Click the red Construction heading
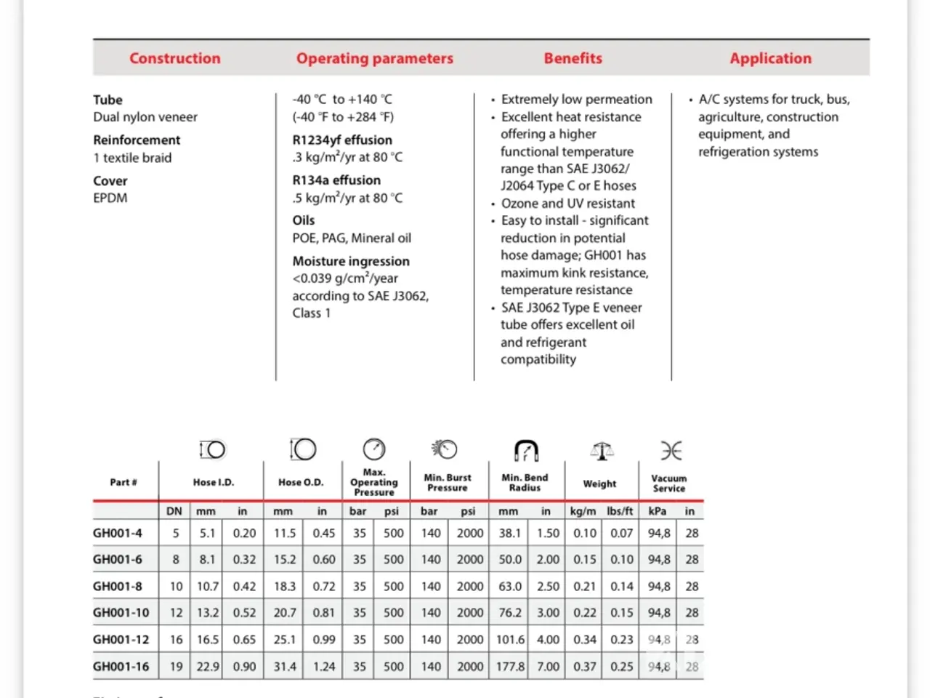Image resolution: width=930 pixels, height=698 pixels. (x=175, y=58)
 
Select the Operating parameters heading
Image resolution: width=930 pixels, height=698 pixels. (x=374, y=58)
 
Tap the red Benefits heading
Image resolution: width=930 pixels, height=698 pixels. (x=573, y=58)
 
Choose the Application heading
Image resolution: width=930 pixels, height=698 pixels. (x=770, y=58)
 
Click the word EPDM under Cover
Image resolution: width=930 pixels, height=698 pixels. (x=110, y=198)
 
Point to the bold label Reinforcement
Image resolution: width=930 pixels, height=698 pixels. (x=137, y=140)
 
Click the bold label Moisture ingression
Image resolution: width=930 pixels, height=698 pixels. (x=351, y=261)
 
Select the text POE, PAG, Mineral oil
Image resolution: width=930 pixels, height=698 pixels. (x=352, y=238)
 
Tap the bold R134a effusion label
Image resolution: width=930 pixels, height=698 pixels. (x=336, y=180)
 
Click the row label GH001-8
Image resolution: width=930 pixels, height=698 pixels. (x=118, y=586)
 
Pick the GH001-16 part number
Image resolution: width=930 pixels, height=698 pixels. (x=121, y=666)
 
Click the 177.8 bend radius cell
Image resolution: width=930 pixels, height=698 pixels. (x=510, y=666)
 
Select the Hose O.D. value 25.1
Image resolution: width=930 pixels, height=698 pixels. (x=284, y=639)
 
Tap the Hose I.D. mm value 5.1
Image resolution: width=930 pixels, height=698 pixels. (x=207, y=533)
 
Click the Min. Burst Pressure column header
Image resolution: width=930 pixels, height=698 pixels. (x=448, y=482)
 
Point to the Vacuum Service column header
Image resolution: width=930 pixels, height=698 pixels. (x=668, y=483)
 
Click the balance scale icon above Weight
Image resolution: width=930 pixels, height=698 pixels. (x=601, y=451)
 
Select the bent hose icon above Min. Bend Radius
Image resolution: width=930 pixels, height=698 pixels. (x=526, y=450)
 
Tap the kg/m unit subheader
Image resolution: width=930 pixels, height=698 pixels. (x=583, y=511)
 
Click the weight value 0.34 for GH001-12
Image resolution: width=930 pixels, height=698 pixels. (x=585, y=639)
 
